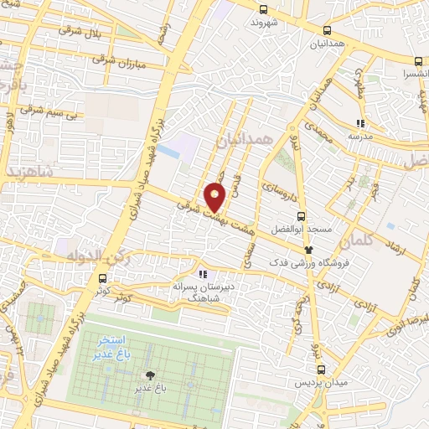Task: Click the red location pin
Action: pos(215,197)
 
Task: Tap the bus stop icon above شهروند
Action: pos(264,9)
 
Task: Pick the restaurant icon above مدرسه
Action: pos(359,123)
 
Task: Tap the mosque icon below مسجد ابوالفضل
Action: pos(308,249)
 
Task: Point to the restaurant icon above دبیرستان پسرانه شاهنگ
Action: pos(202,273)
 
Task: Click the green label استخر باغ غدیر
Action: pos(111,346)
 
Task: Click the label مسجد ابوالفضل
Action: pos(308,229)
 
